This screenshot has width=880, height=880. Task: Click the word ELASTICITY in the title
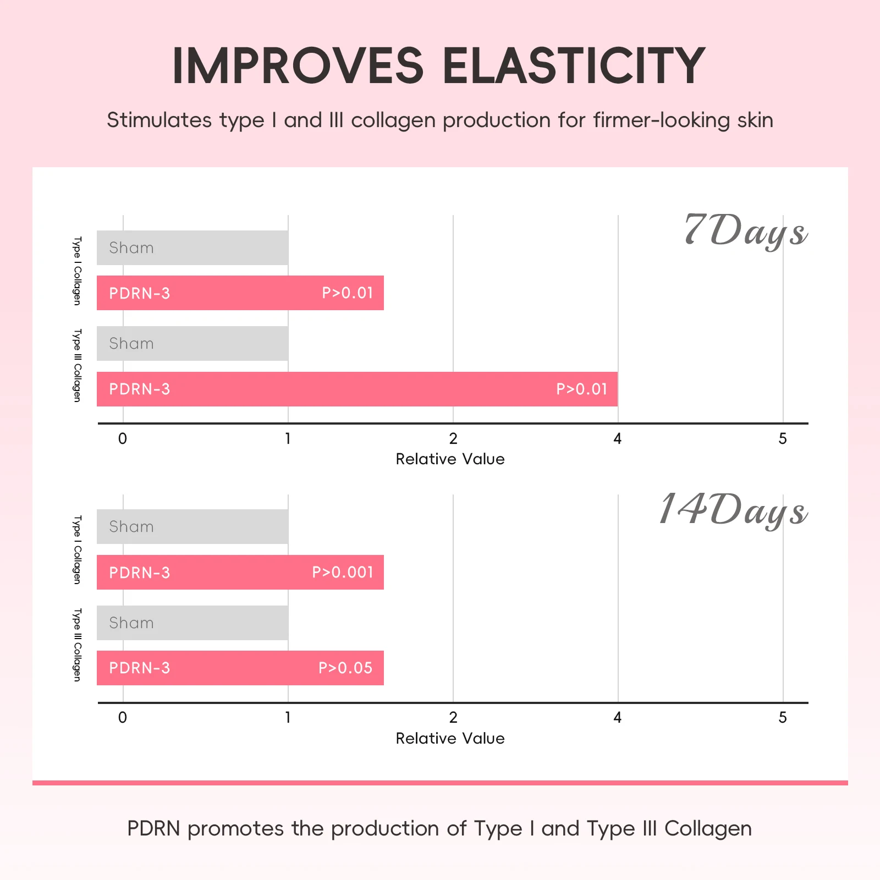point(574,66)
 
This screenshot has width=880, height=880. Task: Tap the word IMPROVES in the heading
point(298,66)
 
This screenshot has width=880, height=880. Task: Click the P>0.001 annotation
point(343,572)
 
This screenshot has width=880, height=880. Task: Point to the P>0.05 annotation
point(345,668)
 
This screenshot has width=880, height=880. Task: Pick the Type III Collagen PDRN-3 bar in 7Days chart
point(357,389)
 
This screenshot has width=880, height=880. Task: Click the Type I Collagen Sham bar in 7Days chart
point(193,248)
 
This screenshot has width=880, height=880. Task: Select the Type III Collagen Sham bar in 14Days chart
point(193,623)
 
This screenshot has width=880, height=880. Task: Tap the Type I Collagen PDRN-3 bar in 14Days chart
point(240,572)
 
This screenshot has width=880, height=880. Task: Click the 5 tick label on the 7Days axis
point(783,438)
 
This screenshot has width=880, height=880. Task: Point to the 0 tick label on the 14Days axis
point(123,717)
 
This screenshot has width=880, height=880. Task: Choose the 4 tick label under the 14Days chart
point(618,717)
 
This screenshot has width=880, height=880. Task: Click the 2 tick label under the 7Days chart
point(453,438)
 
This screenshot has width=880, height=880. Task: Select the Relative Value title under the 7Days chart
point(450,459)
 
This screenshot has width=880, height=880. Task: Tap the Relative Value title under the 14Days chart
point(450,738)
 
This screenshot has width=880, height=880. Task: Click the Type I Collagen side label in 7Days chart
point(77,271)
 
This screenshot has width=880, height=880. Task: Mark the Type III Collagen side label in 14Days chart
point(77,645)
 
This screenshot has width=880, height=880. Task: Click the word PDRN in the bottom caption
point(153,828)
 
